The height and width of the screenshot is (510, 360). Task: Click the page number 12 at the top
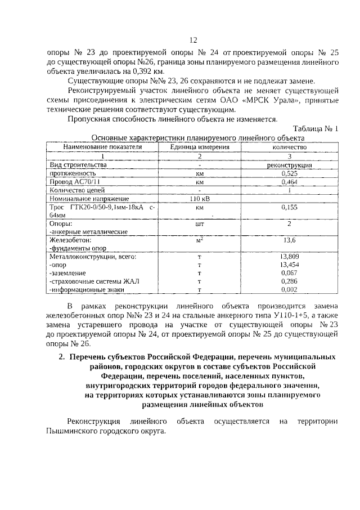click(193, 40)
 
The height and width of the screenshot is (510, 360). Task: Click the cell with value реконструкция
click(290, 165)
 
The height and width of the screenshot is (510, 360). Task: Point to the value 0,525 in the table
click(290, 174)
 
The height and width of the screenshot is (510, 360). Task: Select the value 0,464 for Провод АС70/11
click(290, 182)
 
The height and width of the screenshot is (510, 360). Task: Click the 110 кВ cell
click(200, 199)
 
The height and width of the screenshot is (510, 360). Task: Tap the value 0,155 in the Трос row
click(290, 207)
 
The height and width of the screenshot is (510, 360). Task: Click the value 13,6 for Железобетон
click(289, 240)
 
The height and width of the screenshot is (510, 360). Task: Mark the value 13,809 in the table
click(289, 256)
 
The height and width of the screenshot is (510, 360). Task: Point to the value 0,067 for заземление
click(289, 272)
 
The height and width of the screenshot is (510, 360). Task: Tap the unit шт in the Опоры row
click(200, 223)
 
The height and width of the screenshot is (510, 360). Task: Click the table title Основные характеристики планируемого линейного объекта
click(197, 137)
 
